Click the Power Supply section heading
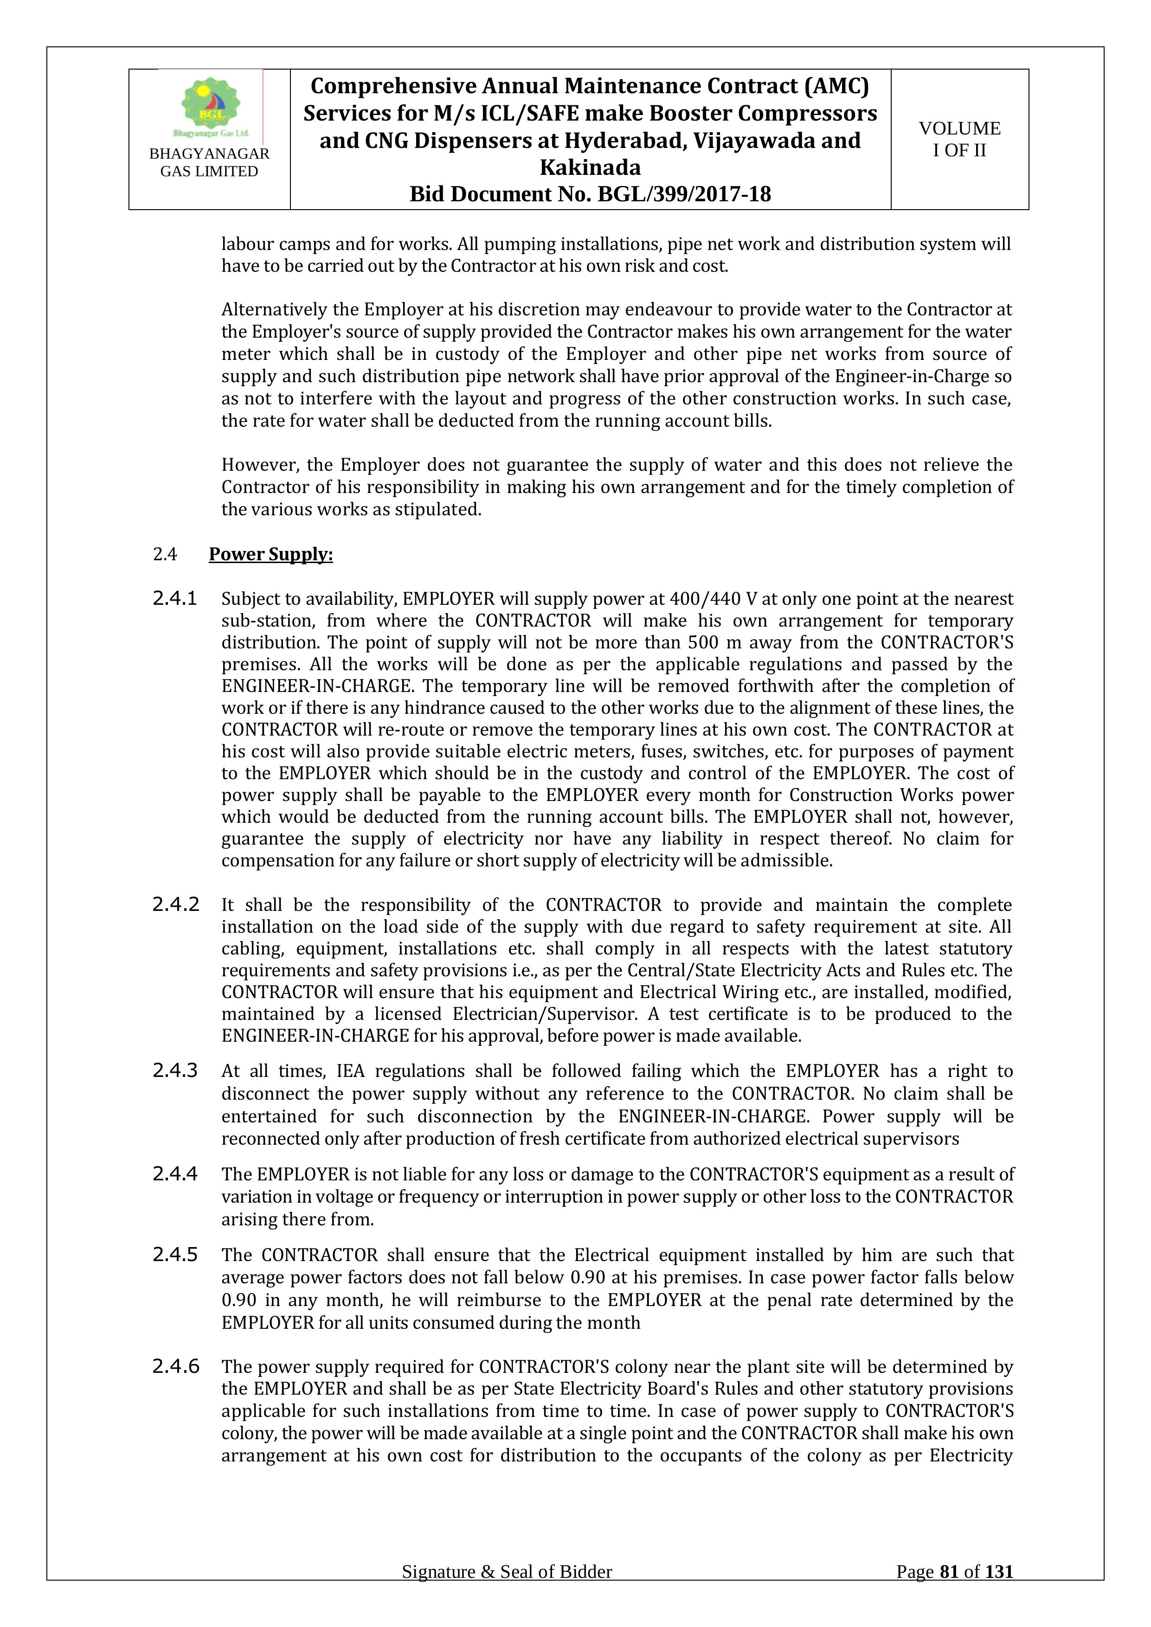point(271,554)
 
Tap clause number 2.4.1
point(174,599)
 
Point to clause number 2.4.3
point(175,1071)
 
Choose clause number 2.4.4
point(175,1174)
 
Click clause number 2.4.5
point(175,1255)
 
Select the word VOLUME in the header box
point(960,128)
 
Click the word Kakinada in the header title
point(590,168)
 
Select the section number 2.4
point(165,554)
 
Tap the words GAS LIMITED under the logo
point(209,172)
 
